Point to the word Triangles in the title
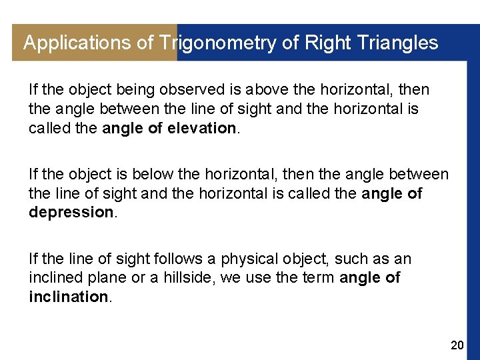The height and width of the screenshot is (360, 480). click(398, 43)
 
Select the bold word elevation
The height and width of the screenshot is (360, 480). click(203, 128)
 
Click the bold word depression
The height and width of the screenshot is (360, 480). click(71, 212)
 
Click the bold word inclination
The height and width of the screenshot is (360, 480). click(68, 296)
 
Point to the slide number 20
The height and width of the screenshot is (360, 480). click(457, 345)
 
